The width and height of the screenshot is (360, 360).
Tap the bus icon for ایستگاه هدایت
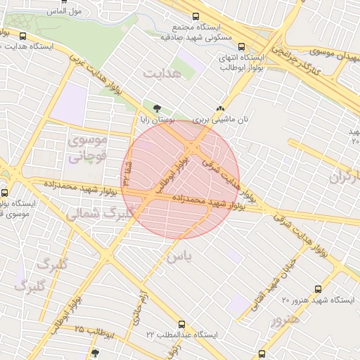24,37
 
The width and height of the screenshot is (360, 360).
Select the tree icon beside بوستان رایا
156,108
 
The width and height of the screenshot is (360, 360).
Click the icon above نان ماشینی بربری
221,109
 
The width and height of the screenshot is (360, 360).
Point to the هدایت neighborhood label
162,73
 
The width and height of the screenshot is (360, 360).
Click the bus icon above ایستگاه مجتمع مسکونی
195,17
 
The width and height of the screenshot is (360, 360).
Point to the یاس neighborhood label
179,257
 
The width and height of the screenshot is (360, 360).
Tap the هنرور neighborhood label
284,319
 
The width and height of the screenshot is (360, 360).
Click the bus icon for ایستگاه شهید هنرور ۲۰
319,289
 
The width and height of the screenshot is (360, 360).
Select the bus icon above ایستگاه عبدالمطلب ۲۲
183,325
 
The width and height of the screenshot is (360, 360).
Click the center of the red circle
181,179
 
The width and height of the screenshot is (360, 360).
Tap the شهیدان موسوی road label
328,53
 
